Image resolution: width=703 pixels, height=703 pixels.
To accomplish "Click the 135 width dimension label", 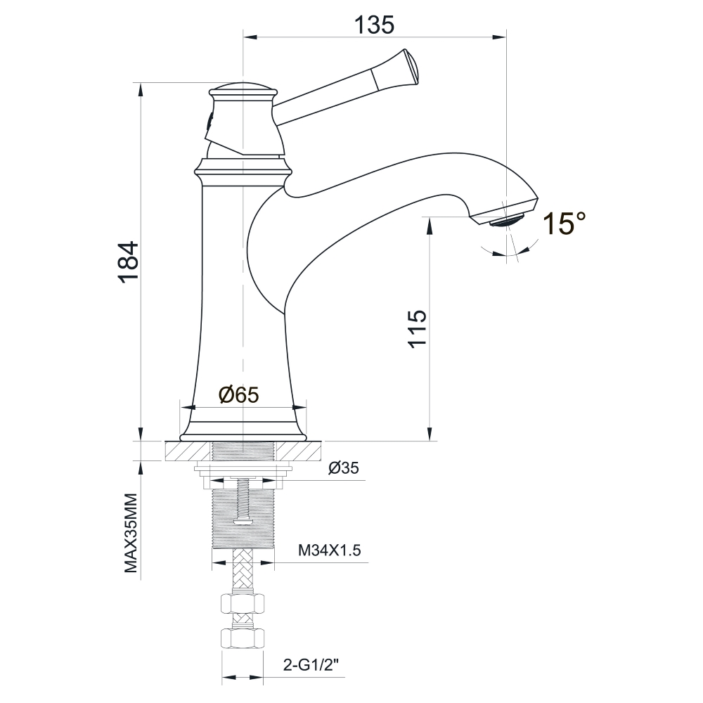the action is [x=374, y=25].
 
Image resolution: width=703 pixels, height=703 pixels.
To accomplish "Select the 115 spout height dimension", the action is [x=417, y=328].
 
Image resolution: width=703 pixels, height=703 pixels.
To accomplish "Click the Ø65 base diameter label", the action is [x=239, y=395].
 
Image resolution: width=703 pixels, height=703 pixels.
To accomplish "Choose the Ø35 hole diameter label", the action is [x=344, y=468].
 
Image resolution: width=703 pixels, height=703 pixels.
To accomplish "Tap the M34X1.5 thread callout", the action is [x=330, y=550].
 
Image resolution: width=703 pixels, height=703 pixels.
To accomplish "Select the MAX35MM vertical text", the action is [x=131, y=533].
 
